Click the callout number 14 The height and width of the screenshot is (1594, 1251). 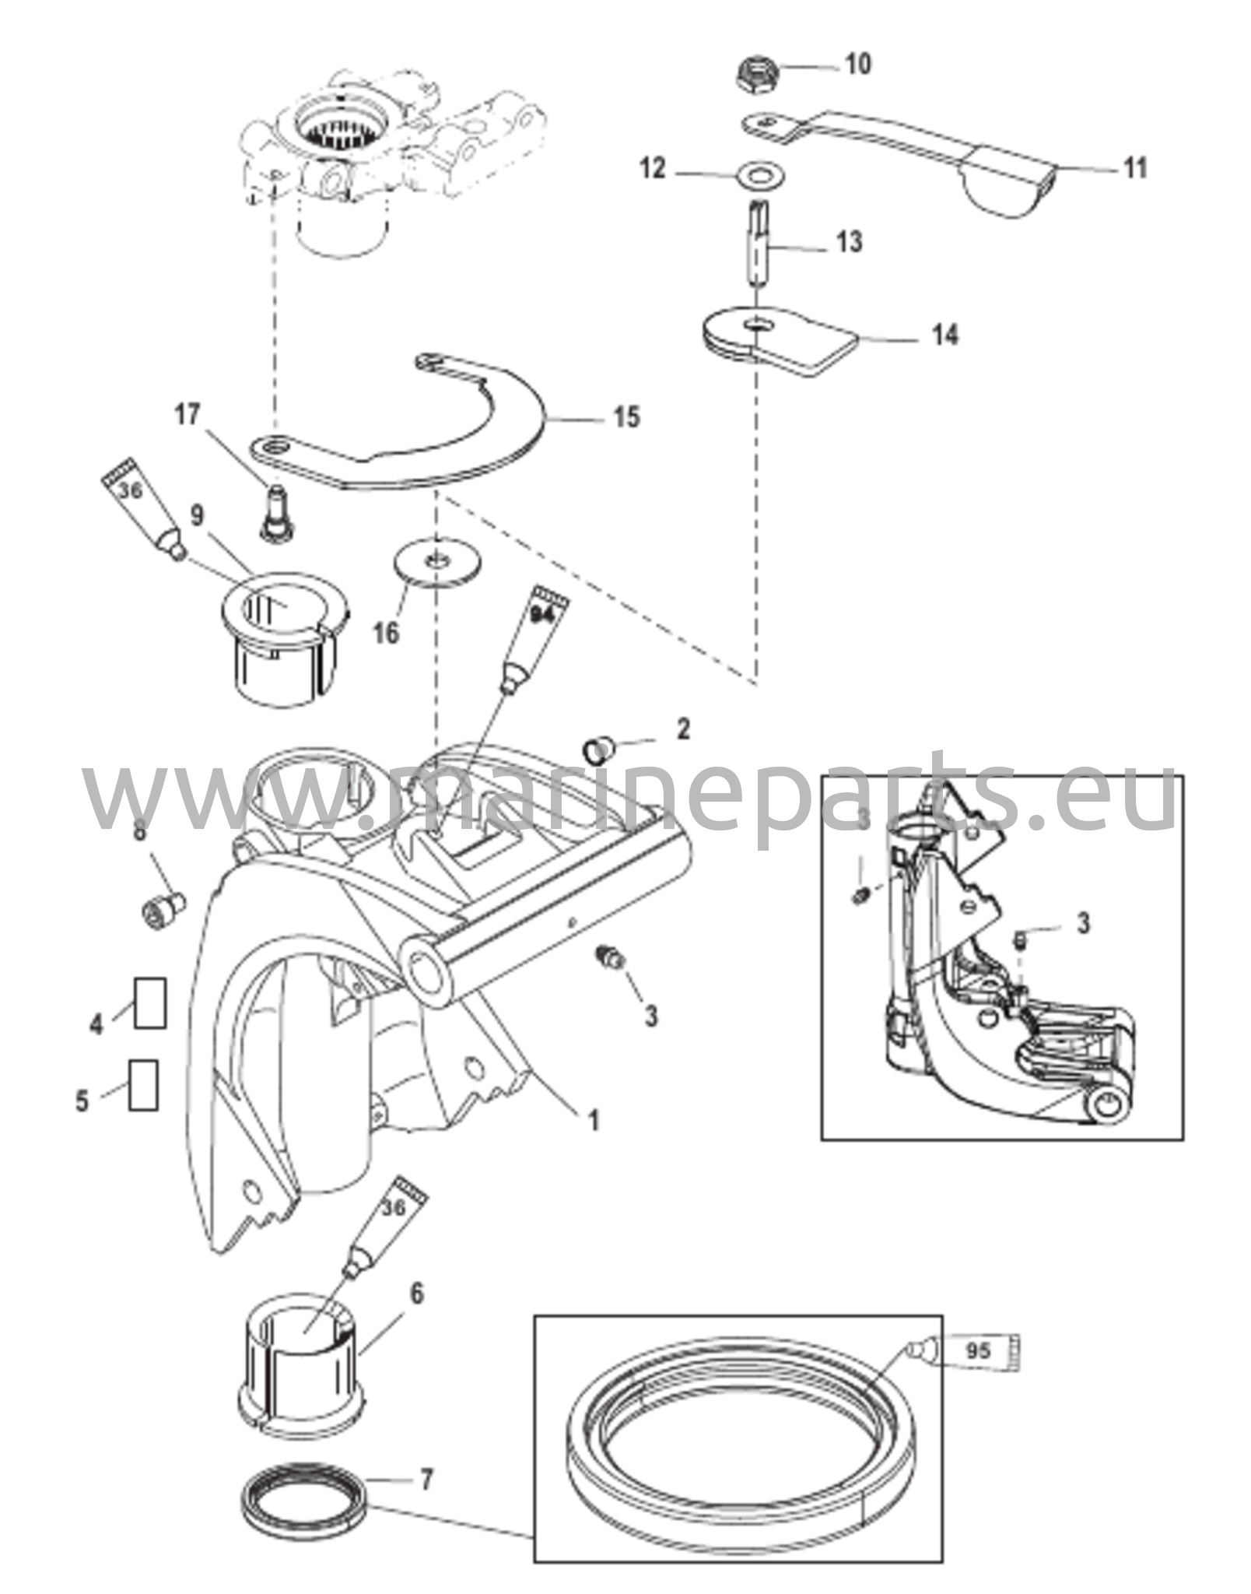click(x=945, y=335)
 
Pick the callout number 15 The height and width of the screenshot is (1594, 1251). click(x=627, y=417)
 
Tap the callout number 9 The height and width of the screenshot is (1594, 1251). click(x=197, y=515)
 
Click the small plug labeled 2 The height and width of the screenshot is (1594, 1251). click(x=597, y=750)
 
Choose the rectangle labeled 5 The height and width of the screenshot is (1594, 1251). click(x=144, y=1084)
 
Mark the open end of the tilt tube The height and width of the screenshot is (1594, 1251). click(x=426, y=976)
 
